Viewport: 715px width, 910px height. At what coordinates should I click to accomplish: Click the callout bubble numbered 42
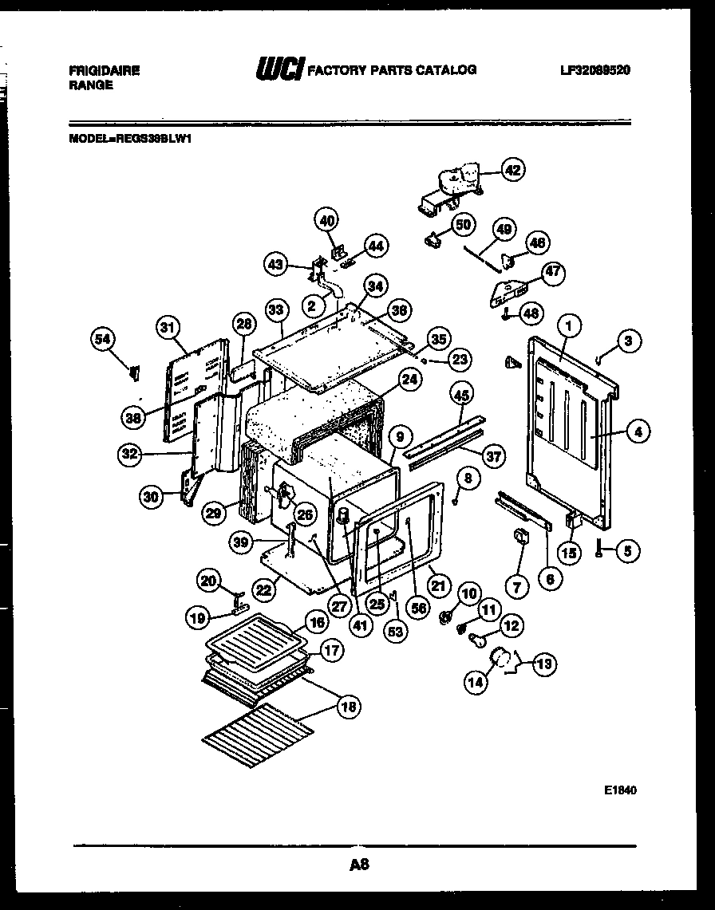pos(512,169)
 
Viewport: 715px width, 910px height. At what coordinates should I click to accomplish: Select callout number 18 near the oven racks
pos(349,706)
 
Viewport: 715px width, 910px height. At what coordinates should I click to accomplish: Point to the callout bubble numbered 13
pos(545,663)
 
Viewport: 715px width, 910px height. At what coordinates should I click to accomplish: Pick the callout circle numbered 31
pos(168,326)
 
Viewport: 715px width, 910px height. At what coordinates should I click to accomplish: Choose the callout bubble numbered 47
pos(552,273)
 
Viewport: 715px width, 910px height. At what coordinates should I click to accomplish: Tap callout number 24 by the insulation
pos(409,380)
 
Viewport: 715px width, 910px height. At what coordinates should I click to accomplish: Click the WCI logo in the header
pos(278,71)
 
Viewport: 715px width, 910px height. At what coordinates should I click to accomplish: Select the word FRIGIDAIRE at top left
pos(105,71)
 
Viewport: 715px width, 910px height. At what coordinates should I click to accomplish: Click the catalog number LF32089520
pos(595,70)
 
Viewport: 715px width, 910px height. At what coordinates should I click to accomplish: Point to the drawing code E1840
pos(620,790)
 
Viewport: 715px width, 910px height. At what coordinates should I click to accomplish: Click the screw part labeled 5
pos(598,549)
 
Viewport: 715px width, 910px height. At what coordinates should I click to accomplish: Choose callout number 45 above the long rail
pos(460,393)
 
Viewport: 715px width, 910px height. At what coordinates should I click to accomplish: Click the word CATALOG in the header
pos(447,70)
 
